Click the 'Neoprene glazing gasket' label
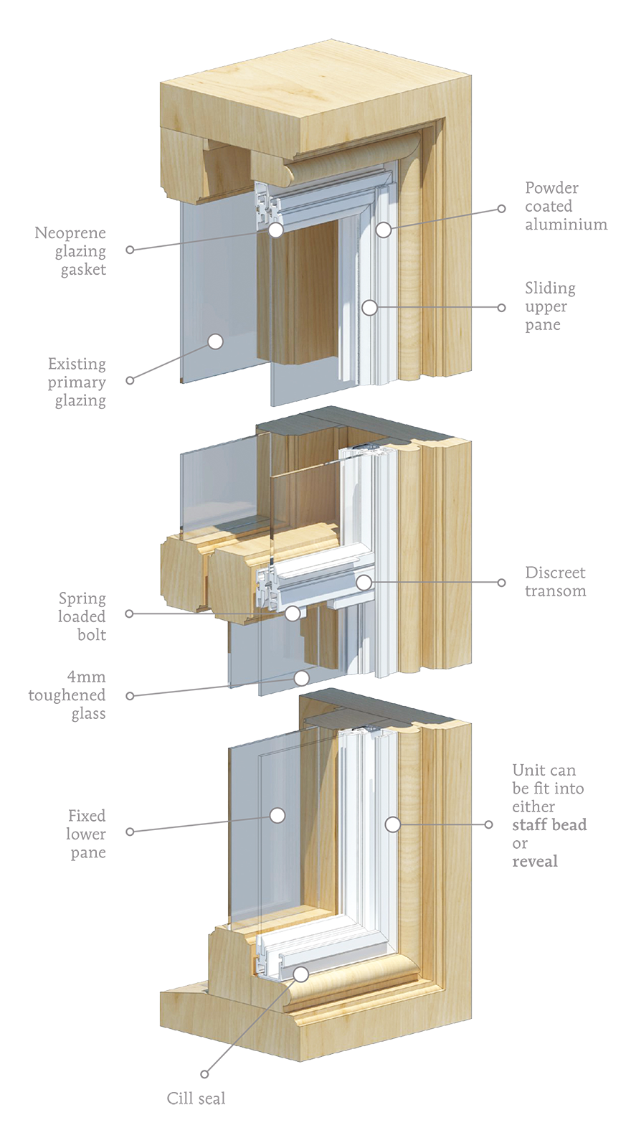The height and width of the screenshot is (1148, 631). point(70,251)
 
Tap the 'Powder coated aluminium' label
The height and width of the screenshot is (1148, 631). point(566,206)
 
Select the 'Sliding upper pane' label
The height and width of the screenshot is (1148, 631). point(550,306)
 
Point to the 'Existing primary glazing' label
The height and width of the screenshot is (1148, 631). point(77,382)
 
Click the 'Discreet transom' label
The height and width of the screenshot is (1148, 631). point(555,582)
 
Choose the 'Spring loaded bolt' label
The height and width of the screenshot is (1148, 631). point(82,616)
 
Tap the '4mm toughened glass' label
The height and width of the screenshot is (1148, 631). point(67,695)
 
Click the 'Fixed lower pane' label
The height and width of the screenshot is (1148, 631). point(86,834)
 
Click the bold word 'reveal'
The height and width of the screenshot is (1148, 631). point(535,860)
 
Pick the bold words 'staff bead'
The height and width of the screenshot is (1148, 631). point(549,824)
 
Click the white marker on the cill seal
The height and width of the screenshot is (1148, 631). point(301,974)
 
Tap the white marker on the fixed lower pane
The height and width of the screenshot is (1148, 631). point(277,815)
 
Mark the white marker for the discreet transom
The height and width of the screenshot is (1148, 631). point(364,582)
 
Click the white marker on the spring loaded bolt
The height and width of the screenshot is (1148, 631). point(292,613)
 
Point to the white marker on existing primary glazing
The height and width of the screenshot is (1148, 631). point(216,342)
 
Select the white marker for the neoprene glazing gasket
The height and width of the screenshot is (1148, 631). point(276,230)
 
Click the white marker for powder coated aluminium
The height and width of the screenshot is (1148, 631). point(384,230)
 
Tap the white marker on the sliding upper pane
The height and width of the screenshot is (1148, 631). point(369,308)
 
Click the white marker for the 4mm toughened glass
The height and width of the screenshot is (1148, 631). point(302,678)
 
